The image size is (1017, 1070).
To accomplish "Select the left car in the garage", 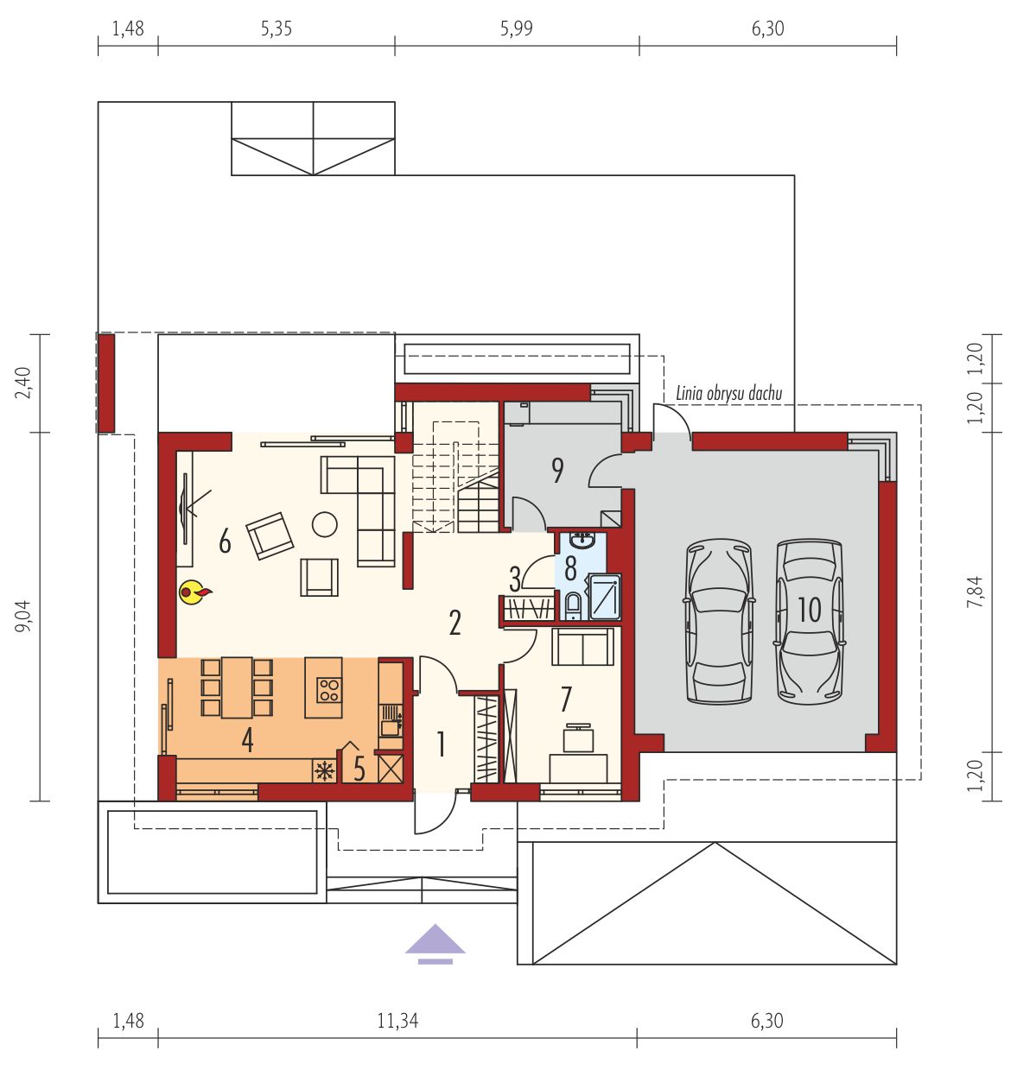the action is click(x=719, y=622).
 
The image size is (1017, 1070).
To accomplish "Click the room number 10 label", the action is click(x=810, y=610).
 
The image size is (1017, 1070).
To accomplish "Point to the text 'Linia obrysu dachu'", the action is click(x=729, y=394).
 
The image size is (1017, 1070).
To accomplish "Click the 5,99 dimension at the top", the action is click(x=517, y=28).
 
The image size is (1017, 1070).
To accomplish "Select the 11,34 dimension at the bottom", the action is click(x=397, y=1021).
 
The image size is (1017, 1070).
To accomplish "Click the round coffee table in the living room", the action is click(x=325, y=524).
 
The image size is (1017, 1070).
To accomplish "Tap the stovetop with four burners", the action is click(x=329, y=689).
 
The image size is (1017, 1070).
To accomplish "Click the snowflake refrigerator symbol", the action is click(x=325, y=770).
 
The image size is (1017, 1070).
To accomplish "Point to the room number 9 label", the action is click(x=557, y=471).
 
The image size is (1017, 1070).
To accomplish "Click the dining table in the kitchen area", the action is click(x=237, y=687).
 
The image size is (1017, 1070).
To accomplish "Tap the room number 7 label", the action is click(x=566, y=700).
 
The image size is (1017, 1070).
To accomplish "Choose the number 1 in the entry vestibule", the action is click(x=441, y=744).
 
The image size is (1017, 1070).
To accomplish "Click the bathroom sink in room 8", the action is click(x=582, y=541).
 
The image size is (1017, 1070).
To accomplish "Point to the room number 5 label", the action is click(x=359, y=769).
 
